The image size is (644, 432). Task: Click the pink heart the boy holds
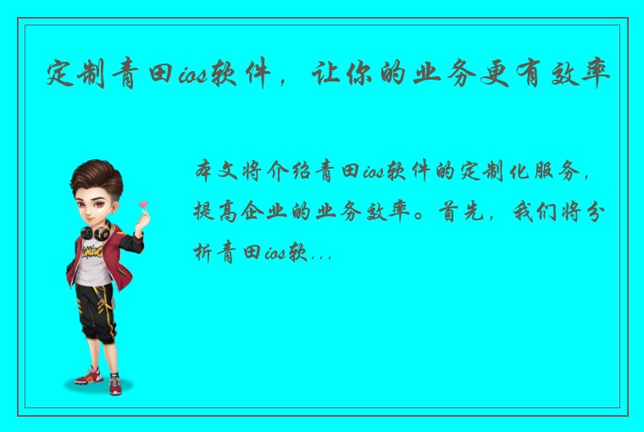pyautogui.click(x=143, y=205)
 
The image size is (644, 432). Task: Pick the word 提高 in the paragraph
pyautogui.click(x=214, y=211)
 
